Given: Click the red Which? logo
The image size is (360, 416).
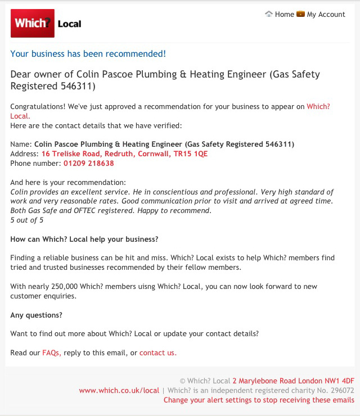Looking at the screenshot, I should coord(33,23).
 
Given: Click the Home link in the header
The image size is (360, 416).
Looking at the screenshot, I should coord(284,14).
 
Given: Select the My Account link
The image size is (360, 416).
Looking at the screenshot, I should coord(326,14).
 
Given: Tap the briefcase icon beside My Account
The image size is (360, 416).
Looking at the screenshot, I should coord(300,14).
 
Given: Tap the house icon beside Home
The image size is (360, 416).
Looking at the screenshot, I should coord(269,14).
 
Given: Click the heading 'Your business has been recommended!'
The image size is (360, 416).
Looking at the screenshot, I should coord(88,54).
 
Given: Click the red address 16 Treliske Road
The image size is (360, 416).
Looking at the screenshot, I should coord(124,153).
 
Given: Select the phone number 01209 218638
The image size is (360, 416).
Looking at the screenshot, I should coord(88,163).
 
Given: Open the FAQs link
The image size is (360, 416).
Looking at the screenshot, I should coord(51,352).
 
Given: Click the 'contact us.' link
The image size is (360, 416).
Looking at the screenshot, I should coord(157,352).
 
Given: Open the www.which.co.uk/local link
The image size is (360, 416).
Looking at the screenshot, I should coord(119,390).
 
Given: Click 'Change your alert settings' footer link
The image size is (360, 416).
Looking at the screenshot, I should coord(259,400).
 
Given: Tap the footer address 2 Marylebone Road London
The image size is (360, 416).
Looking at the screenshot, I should coord(293,381).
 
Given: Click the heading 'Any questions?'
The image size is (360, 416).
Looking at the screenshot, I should coord(37,315).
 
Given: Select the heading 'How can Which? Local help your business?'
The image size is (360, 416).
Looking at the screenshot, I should coord(84,239).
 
